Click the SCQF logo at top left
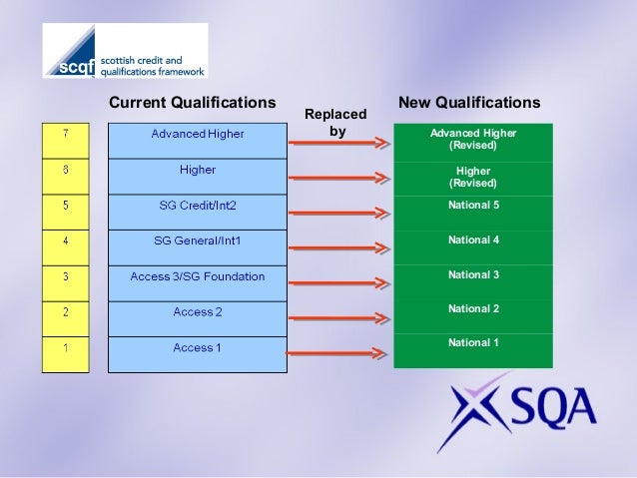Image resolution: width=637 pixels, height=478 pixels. click(124, 51)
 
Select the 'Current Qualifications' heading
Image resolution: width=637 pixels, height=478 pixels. click(192, 103)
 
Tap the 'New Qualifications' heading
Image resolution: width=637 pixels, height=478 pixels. click(469, 103)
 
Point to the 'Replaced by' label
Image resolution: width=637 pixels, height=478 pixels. click(336, 123)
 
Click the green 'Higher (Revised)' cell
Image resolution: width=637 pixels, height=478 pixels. click(473, 178)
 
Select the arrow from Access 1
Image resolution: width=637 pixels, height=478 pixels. click(337, 353)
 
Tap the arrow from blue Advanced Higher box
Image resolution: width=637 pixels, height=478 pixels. click(337, 144)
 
